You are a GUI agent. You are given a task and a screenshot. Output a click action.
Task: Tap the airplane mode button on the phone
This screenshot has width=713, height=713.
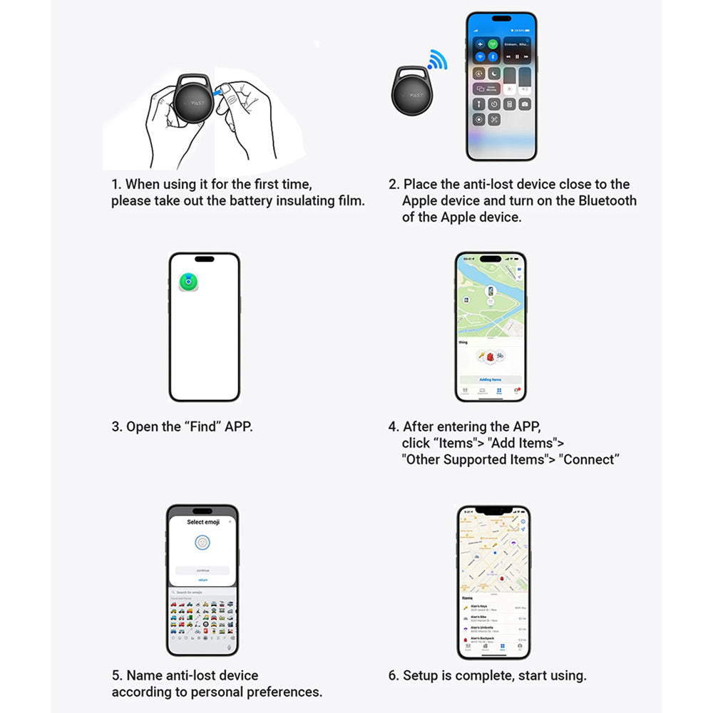[x=480, y=44]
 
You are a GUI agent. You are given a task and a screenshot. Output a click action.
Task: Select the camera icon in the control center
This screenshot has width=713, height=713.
[x=525, y=104]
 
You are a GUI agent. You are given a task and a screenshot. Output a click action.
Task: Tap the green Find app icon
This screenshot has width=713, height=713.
[x=189, y=282]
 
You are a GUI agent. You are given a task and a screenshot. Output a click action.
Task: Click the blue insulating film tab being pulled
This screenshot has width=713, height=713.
[x=226, y=89]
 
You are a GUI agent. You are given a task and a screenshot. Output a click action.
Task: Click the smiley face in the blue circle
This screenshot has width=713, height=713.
[x=202, y=543]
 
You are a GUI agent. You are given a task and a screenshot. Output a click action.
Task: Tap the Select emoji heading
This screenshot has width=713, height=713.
[x=202, y=522]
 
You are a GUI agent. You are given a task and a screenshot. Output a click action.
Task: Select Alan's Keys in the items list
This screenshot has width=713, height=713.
[x=479, y=606]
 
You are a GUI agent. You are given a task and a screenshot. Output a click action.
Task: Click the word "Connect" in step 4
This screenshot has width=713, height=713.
[x=590, y=460]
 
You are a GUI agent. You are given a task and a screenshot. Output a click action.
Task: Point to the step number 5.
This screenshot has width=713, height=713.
[x=116, y=675]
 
